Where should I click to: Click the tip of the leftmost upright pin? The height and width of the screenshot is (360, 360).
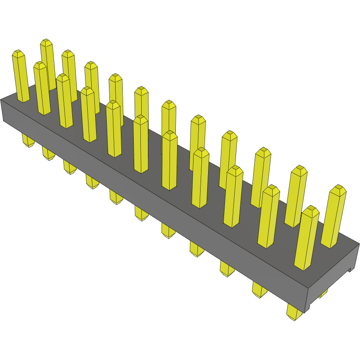click(x=18, y=54)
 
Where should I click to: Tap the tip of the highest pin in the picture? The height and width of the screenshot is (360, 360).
click(x=46, y=43)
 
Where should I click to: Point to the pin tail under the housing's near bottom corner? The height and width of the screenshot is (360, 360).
click(x=294, y=312)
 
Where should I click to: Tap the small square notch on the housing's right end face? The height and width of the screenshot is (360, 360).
click(x=351, y=268)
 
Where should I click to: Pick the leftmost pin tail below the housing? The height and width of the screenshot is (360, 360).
click(x=28, y=140)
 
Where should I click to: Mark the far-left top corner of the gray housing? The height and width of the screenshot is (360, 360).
click(x=1, y=100)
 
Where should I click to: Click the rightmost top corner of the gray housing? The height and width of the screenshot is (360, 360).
click(x=359, y=243)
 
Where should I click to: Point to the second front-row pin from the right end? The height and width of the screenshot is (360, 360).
click(x=268, y=217)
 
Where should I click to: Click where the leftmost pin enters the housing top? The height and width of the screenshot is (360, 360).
click(x=23, y=100)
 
